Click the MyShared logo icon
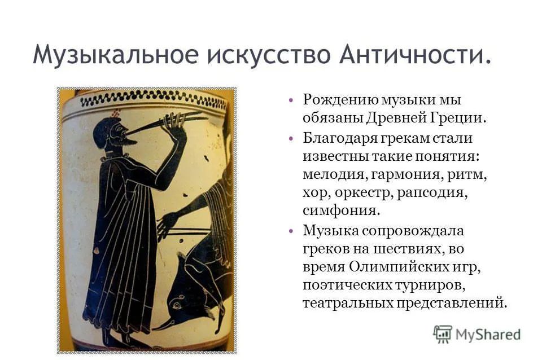(443, 333)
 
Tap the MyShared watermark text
(488, 335)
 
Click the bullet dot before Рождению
(291, 100)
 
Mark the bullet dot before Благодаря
(291, 139)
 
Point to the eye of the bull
(177, 305)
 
